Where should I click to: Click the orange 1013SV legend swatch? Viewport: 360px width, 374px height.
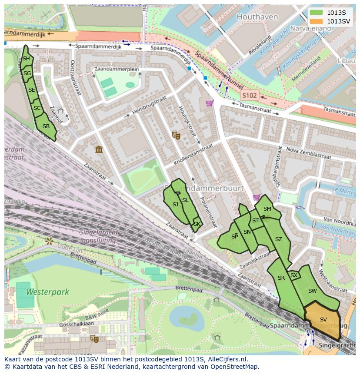tap(317, 21)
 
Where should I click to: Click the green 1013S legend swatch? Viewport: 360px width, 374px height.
tap(317, 13)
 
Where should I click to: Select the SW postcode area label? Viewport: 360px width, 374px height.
tap(312, 291)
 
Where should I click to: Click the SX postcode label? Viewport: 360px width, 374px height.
tap(294, 275)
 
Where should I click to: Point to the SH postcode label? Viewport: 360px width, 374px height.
tap(26, 59)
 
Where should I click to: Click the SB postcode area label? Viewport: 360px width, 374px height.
tap(46, 127)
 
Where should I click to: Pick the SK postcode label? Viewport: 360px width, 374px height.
tap(197, 224)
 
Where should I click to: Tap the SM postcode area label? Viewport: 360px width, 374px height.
tap(267, 209)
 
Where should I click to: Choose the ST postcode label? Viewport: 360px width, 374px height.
tap(255, 221)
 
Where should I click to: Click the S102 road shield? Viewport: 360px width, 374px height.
tap(250, 95)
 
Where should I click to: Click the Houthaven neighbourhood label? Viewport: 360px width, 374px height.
tap(257, 17)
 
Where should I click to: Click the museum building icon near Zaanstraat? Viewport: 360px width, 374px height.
tap(99, 149)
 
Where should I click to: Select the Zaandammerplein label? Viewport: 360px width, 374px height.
tap(117, 70)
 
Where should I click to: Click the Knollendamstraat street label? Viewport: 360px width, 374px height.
tap(194, 154)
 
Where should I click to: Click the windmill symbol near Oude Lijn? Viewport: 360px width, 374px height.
tap(49, 241)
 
